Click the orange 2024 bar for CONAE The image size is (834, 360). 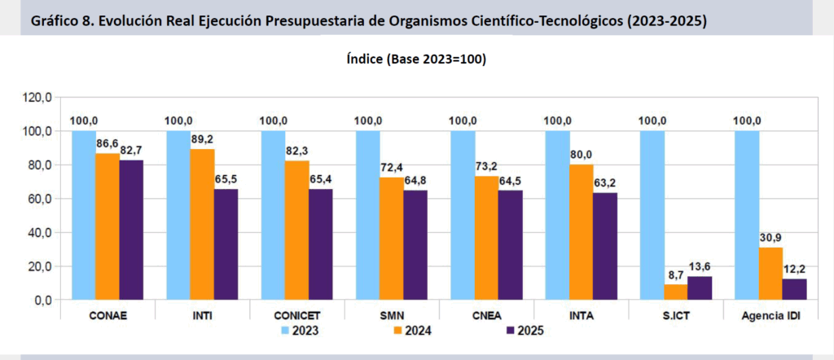(x=107, y=226)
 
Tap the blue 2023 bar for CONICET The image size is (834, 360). (x=274, y=215)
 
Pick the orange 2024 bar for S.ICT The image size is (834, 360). (x=675, y=292)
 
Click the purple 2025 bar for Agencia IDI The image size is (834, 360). (x=795, y=289)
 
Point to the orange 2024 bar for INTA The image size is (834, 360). (x=581, y=232)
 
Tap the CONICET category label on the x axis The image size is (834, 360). (x=297, y=315)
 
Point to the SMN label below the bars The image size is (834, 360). (x=392, y=315)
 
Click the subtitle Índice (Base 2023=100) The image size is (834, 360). (x=416, y=59)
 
